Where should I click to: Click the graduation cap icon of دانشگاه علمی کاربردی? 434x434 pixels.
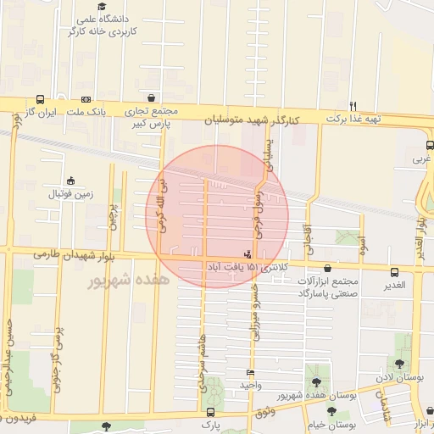coord(111,19)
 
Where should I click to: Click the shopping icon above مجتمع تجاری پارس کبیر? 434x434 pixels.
coord(151,97)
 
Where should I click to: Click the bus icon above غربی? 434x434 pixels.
coord(430,144)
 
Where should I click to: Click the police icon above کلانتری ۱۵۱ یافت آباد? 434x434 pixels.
coord(248,253)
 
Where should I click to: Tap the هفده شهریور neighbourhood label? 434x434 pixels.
coord(125,280)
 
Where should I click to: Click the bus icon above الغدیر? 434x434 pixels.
coord(394,271)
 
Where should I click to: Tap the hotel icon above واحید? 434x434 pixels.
coord(249,373)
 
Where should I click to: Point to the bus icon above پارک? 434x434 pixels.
coord(209,412)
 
